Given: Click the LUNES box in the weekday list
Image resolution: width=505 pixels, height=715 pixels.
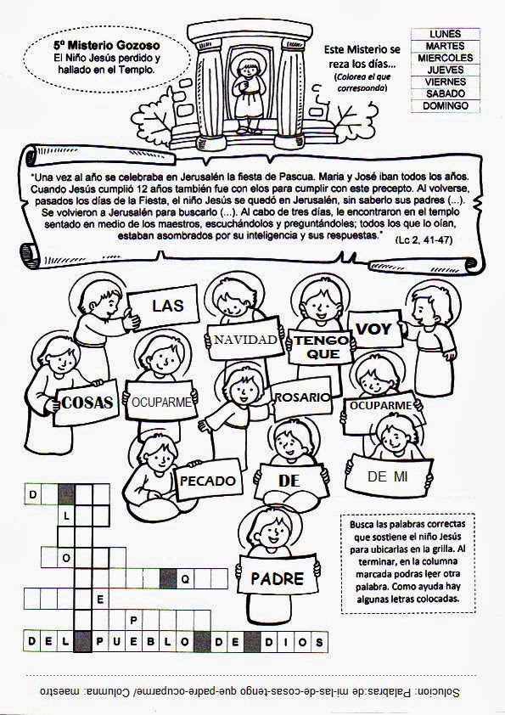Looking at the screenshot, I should (x=451, y=33).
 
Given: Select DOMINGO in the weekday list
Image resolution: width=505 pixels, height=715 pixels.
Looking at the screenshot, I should (x=451, y=105).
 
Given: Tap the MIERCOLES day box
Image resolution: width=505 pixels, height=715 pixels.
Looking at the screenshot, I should (x=451, y=57).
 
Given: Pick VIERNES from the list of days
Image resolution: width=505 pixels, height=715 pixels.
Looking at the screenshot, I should (x=451, y=82).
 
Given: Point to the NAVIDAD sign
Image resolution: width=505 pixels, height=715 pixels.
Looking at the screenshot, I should (x=246, y=341).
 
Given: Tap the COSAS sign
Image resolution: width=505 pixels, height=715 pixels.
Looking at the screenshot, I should (x=87, y=403).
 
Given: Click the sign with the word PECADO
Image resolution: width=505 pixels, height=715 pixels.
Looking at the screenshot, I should (x=208, y=481).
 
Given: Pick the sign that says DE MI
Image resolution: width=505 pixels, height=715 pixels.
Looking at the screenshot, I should (x=388, y=478).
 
